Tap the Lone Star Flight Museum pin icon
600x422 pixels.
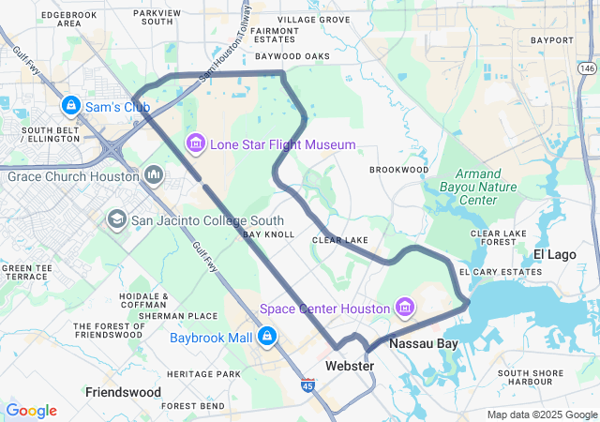[196, 143]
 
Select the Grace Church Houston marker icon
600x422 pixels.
[154, 175]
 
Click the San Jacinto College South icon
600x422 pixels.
[117, 220]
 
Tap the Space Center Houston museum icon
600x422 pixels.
[404, 308]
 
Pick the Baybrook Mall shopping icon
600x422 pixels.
[267, 336]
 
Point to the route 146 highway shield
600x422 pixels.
[587, 68]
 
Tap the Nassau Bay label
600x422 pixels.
[424, 344]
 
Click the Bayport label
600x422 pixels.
[551, 40]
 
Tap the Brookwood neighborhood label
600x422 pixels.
[398, 170]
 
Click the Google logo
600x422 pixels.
[31, 411]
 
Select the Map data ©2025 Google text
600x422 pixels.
[541, 414]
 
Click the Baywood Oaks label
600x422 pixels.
[292, 56]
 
